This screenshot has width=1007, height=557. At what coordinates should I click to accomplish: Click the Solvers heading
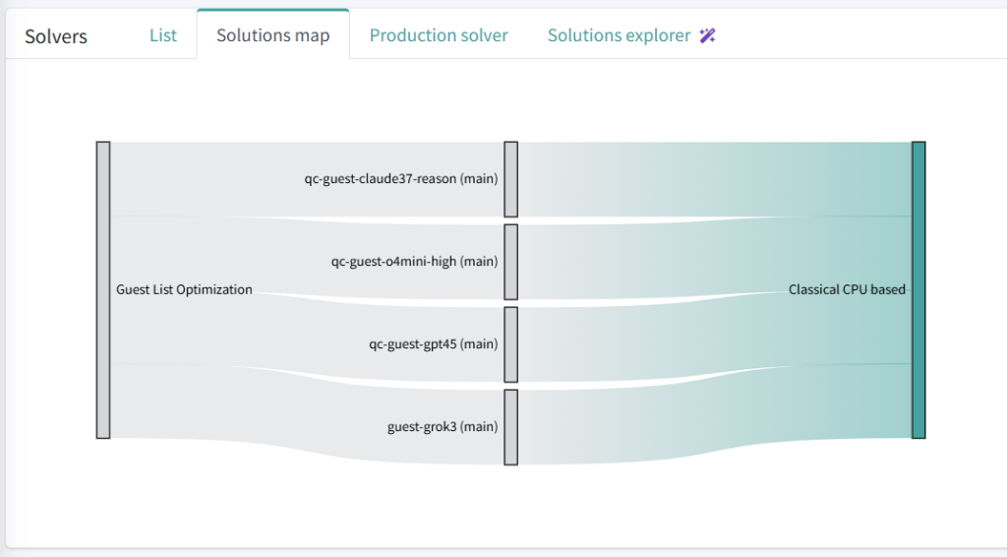56,36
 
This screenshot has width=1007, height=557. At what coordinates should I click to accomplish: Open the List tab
163,35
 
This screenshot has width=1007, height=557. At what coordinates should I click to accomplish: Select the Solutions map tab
273,35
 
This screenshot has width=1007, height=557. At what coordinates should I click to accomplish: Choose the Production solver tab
439,35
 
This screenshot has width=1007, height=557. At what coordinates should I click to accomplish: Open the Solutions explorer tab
620,35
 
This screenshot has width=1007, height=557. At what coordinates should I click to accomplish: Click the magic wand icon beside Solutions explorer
707,35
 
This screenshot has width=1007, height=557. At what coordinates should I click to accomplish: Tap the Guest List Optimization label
184,289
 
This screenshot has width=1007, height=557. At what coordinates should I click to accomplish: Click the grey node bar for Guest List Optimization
103,289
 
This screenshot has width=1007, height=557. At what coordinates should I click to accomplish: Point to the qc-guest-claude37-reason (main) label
401,179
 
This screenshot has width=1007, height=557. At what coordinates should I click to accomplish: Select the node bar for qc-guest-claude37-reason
511,179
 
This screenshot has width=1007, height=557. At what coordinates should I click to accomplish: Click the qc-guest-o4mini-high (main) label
414,262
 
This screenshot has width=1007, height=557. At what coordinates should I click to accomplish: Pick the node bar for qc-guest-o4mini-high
511,262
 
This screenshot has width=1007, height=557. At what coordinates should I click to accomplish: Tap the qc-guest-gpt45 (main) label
434,344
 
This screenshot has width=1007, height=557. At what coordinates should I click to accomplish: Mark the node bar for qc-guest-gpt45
511,344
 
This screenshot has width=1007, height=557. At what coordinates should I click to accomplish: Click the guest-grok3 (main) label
443,427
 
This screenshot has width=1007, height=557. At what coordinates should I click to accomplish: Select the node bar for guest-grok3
511,427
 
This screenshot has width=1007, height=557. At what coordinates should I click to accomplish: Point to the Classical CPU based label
847,289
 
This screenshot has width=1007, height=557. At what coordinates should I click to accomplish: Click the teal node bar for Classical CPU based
918,289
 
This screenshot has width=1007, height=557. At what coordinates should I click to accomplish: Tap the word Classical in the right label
813,289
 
